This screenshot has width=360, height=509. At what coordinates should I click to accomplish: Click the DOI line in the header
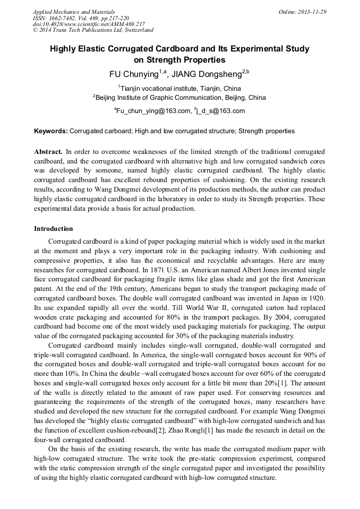point(89,24)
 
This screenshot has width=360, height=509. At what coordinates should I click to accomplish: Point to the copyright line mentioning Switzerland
point(93,31)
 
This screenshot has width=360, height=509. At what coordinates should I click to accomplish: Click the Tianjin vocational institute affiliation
point(180,89)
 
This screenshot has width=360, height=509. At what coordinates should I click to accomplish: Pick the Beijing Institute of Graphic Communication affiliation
point(181,98)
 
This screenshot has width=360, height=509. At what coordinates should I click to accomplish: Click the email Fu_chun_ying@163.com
point(153,111)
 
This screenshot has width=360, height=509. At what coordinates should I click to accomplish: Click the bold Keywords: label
point(51,131)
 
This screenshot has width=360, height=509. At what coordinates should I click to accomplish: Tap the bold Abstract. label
point(48,151)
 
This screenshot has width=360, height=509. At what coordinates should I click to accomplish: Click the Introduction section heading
point(54,229)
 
